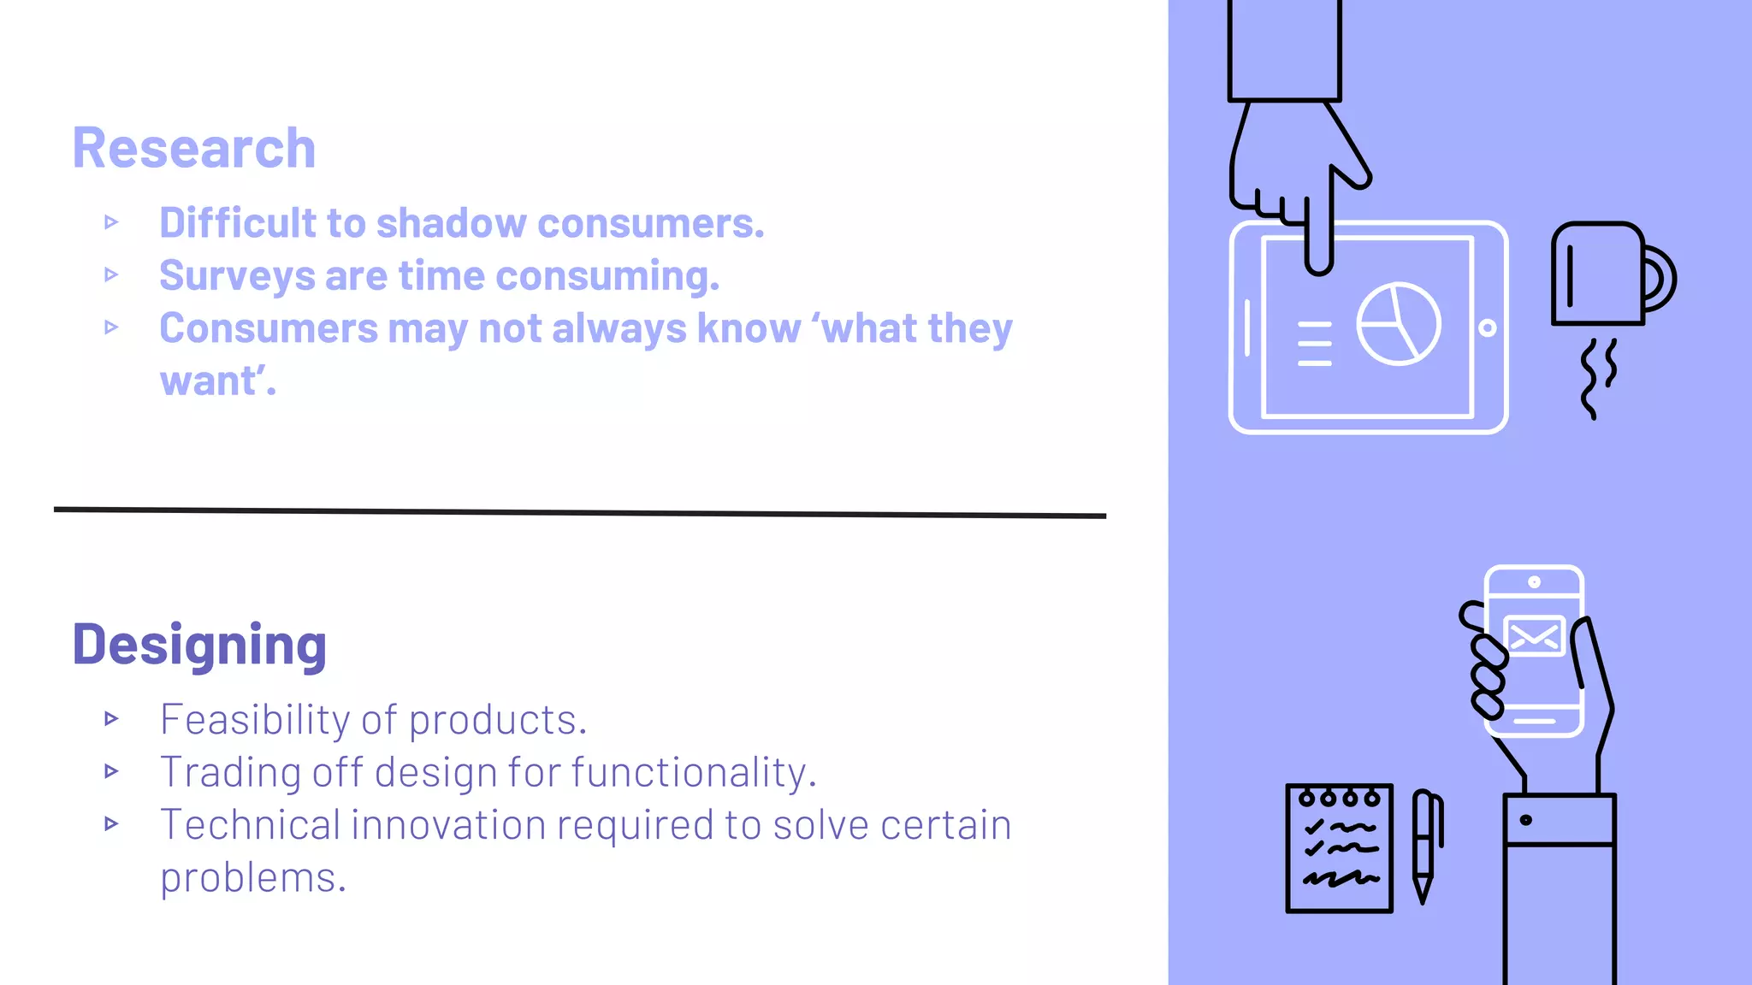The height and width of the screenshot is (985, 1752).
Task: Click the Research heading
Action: [x=194, y=148]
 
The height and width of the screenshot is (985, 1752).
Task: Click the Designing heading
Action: [x=199, y=645]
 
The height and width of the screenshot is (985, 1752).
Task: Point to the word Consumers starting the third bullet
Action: [x=268, y=328]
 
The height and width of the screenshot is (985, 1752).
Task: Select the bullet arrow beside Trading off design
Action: [x=111, y=772]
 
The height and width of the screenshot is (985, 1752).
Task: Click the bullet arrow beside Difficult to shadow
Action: [x=111, y=223]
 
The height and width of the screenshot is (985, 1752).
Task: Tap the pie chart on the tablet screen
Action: [x=1398, y=324]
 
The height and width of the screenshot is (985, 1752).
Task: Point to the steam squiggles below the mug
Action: [x=1597, y=377]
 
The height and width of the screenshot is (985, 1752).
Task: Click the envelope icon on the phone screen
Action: [x=1534, y=636]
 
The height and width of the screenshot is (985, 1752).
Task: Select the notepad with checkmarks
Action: [x=1339, y=848]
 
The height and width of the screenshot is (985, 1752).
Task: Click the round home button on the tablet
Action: [x=1488, y=328]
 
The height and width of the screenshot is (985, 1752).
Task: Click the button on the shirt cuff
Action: [x=1525, y=820]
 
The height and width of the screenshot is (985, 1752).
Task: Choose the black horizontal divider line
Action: [x=580, y=513]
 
